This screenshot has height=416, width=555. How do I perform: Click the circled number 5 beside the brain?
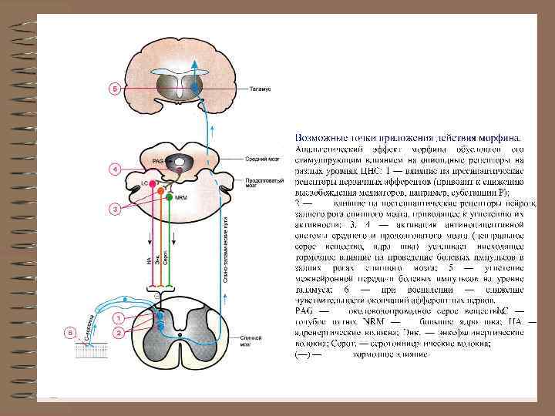coord(116,89)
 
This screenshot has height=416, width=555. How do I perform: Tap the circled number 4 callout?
coord(114,168)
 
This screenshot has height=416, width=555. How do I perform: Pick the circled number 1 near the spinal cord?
coord(119,317)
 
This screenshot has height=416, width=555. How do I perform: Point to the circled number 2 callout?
coord(119,332)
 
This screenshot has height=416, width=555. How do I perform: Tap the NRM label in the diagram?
coord(181,197)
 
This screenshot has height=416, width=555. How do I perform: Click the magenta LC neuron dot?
coord(152,185)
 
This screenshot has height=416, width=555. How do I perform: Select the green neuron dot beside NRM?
coord(170,197)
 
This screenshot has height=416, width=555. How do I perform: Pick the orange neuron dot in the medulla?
coord(160,189)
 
